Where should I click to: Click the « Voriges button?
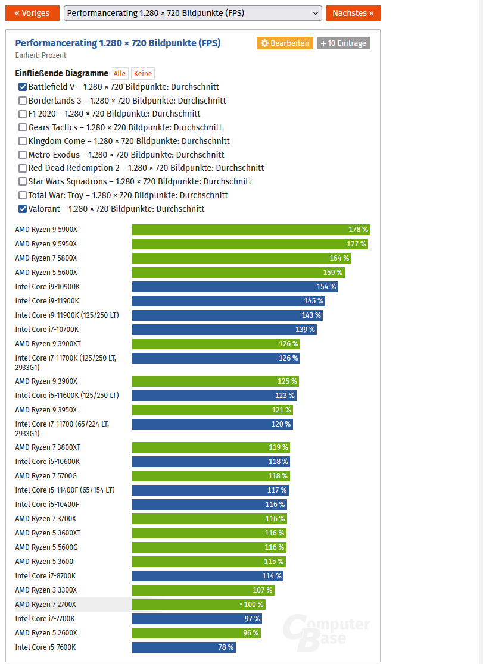[x=32, y=13]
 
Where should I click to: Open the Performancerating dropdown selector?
[x=192, y=13]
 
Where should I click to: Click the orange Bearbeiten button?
[x=285, y=43]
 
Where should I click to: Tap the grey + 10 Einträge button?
[x=343, y=43]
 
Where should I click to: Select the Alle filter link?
[x=119, y=74]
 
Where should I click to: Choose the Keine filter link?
[x=142, y=74]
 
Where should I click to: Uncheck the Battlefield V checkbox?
[x=23, y=87]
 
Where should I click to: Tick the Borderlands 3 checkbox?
[x=23, y=101]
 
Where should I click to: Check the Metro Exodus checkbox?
[x=23, y=155]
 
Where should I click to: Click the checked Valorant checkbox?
[x=23, y=209]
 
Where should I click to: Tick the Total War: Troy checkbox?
[x=23, y=195]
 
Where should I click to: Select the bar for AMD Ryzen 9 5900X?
[x=251, y=230]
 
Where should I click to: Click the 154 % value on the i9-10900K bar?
[x=326, y=287]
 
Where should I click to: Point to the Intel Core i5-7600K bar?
[x=183, y=647]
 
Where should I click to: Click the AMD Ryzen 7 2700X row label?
[x=46, y=605]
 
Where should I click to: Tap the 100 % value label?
[x=253, y=605]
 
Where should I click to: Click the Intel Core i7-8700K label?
[x=45, y=576]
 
